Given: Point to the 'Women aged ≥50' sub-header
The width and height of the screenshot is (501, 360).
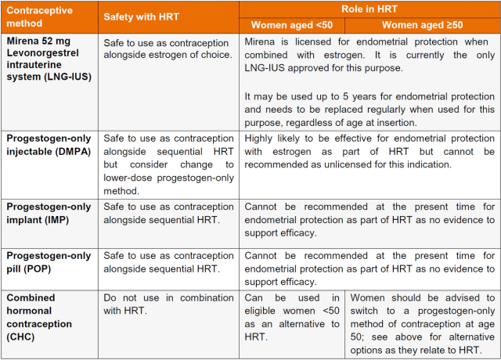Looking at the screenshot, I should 423,25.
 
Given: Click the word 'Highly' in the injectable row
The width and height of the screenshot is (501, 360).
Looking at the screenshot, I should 261,139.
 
